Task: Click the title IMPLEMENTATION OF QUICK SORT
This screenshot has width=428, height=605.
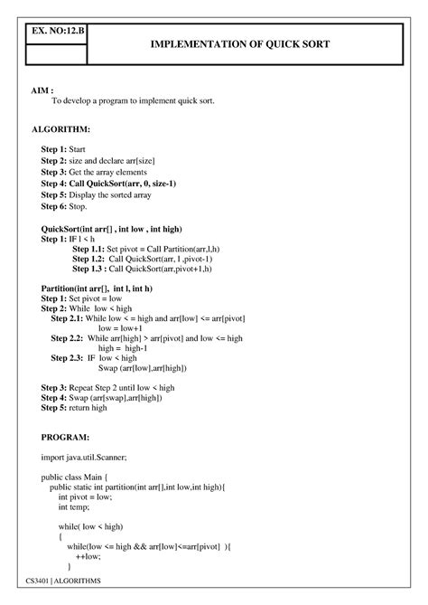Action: [x=239, y=43]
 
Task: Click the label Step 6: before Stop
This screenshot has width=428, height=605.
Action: [x=55, y=207]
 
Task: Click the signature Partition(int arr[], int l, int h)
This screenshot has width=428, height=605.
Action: [x=97, y=288]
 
